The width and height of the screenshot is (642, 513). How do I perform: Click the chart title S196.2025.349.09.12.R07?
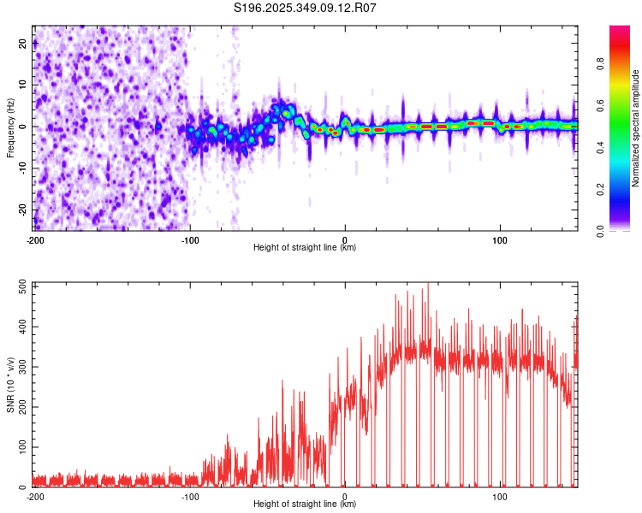click(306, 8)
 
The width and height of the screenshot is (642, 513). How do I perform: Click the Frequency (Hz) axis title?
click(10, 128)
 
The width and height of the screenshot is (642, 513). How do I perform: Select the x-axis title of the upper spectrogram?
click(305, 248)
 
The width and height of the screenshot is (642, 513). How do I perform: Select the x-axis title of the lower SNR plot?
click(305, 504)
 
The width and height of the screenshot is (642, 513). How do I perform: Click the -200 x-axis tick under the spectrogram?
click(35, 239)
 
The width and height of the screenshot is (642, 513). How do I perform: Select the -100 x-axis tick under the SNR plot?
click(190, 496)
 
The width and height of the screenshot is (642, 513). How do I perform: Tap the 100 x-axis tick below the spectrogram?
click(499, 239)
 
